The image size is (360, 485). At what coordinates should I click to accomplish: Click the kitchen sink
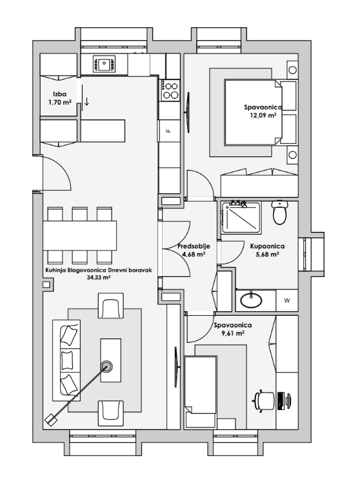pos(104,65)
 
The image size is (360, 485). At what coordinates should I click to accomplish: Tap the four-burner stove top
pos(170,90)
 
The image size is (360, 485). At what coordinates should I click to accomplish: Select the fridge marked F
pos(169,130)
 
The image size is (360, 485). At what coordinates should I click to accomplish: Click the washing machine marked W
pos(287,300)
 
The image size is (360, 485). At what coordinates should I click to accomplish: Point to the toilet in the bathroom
pos(280,212)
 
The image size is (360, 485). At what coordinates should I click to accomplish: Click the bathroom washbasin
pos(251,300)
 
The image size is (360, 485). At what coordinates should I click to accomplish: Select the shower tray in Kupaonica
pos(241,217)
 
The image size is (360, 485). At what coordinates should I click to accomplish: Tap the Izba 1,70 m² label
pos(59,98)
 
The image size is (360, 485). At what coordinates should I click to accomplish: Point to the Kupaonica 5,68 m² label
pos(267,250)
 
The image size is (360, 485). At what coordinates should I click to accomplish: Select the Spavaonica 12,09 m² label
pos(263,111)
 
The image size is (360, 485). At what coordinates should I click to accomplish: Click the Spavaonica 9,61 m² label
pos(233,329)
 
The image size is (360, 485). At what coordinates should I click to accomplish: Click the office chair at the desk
pos(264,401)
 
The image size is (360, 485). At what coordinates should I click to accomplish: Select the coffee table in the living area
pos(110,360)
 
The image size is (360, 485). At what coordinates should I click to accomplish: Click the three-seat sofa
pos(66,360)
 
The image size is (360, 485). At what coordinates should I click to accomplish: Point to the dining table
pos(80,235)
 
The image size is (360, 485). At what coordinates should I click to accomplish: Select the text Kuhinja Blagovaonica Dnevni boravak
pos(99,270)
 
